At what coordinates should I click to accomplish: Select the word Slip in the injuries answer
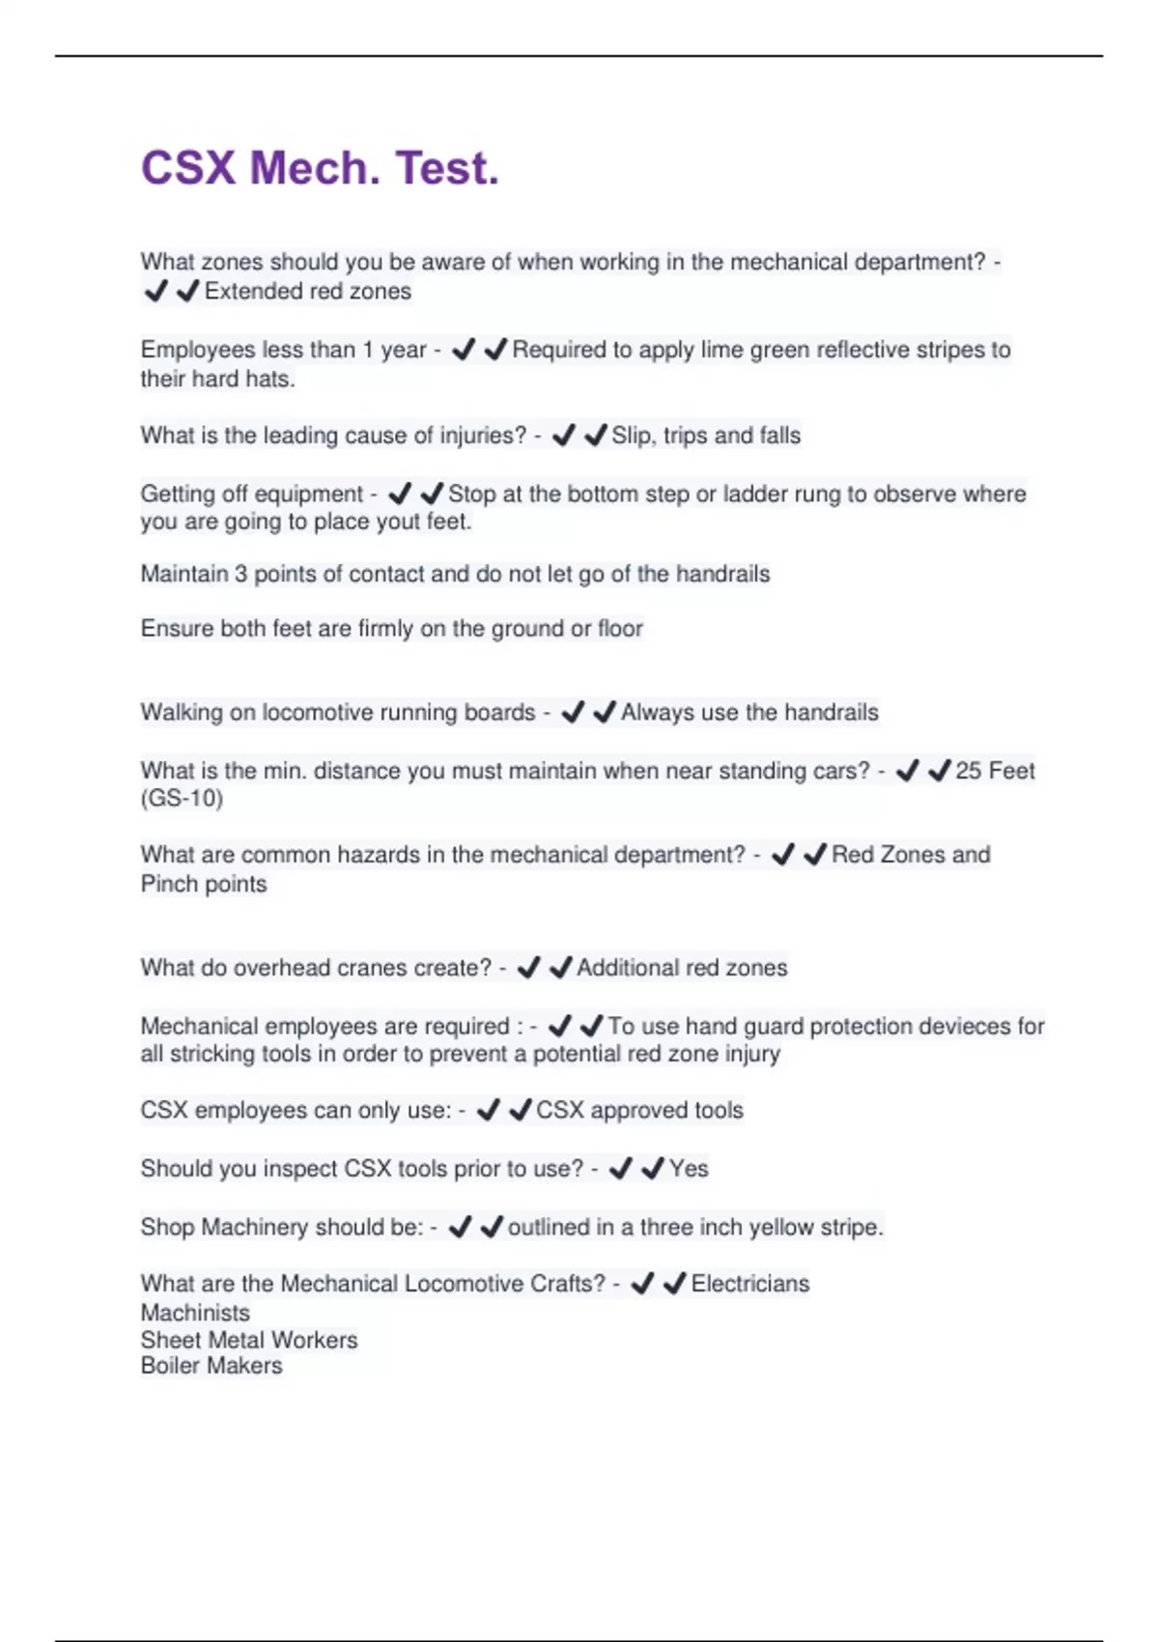point(632,436)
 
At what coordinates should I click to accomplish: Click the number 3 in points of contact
point(240,574)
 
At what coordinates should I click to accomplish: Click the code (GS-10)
point(182,799)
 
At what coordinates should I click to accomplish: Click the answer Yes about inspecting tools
point(689,1169)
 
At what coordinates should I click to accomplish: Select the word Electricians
point(750,1284)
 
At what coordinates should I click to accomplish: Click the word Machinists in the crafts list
point(195,1313)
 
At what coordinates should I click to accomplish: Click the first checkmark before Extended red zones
point(155,291)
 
